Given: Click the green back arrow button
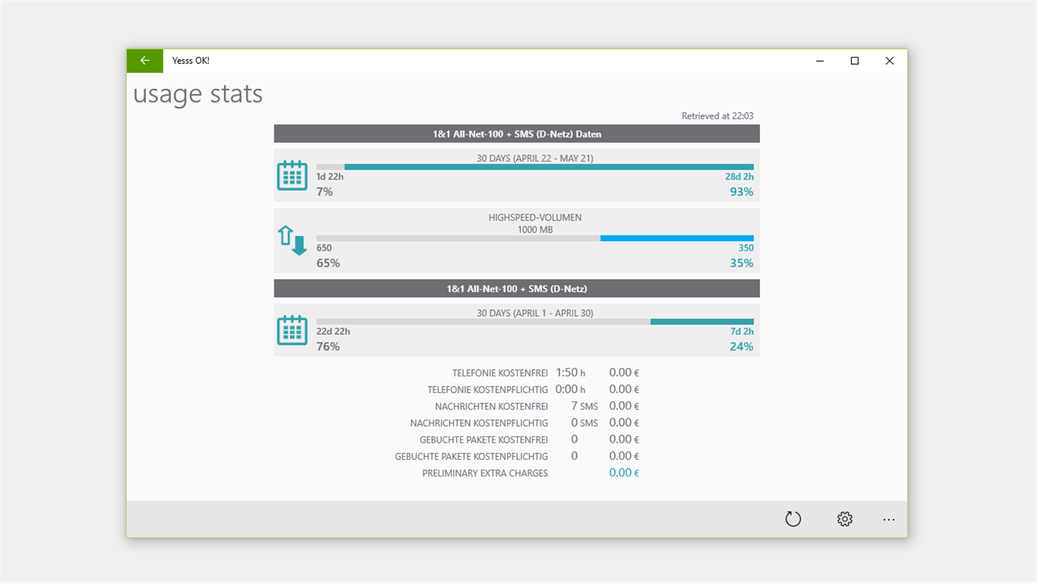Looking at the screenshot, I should pos(145,60).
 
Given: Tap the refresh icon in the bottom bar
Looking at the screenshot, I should pos(793,519).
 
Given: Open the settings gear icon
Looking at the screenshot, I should pos(845,519).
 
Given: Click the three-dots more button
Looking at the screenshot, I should pos(889,519).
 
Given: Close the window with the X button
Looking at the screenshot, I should pos(889,61).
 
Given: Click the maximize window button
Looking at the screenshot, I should pos(855,61).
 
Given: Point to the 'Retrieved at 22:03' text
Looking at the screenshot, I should pos(717,116).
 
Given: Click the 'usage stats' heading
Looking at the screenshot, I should pos(198,94).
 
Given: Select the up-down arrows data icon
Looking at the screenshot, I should pos(292,240).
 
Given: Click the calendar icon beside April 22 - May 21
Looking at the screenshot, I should pos(292,176).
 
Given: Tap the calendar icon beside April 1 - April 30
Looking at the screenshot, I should pos(292,330).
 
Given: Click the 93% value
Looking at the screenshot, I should pos(741,192).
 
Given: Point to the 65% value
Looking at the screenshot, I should pos(328,263).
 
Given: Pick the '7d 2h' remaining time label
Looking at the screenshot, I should pos(742,332).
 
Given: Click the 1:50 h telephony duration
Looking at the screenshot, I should pos(570,373).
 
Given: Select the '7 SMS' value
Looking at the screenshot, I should pos(584,406).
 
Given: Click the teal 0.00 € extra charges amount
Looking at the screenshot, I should pos(624,473).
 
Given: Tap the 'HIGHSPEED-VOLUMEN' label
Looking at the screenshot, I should pos(534,217).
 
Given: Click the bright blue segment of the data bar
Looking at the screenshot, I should pos(677,238).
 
